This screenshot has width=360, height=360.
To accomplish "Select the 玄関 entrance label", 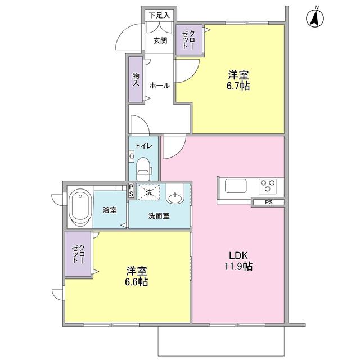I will click(160, 40).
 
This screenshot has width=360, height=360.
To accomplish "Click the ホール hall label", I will click(160, 85).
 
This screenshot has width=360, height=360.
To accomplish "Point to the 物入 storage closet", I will click(136, 79).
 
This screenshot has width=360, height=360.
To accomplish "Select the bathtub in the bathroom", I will click(79, 207).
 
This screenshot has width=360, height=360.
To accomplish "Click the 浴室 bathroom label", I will click(110, 210).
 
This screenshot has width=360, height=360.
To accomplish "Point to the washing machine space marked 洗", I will click(149, 193).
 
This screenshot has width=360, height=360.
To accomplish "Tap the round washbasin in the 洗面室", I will click(176, 197).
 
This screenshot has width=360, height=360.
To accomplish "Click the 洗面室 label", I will click(159, 215).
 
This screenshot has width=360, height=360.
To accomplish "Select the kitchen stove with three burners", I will click(267, 185).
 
